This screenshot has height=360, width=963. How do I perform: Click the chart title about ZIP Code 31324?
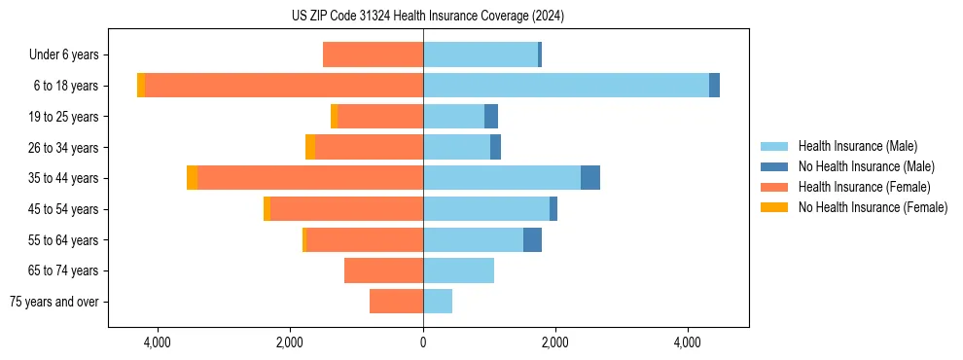coord(428,17)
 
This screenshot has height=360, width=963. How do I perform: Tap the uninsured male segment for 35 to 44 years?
coord(590,178)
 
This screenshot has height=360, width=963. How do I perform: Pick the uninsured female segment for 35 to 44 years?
coord(192,178)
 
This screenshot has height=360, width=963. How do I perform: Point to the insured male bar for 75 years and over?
coord(438,302)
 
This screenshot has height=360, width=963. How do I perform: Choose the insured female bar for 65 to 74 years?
coord(383,270)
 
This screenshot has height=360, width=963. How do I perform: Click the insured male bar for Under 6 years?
coord(481,54)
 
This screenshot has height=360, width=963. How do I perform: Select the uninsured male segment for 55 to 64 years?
coord(532,240)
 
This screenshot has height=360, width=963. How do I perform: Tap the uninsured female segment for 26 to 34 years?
coord(310,147)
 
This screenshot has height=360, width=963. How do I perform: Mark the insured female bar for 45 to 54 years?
coord(346,209)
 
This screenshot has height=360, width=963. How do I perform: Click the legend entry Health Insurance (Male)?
coord(857,146)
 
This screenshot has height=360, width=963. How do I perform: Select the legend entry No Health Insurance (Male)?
coord(866,166)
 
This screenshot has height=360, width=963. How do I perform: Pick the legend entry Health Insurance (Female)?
coord(863,187)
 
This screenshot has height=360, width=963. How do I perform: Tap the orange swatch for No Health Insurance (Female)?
coord(775,207)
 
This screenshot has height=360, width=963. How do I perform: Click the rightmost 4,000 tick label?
coord(688,343)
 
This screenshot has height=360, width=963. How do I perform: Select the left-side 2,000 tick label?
coord(290,343)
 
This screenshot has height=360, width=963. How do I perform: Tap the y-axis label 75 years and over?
coord(54,302)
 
